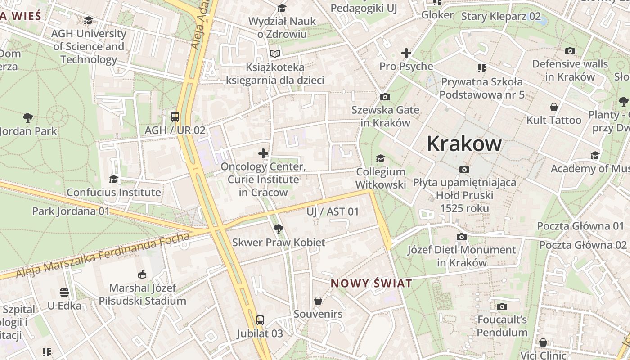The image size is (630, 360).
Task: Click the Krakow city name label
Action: point(464,144)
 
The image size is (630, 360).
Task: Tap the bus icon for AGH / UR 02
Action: point(175,117)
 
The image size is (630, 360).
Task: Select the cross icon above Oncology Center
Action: point(263,153)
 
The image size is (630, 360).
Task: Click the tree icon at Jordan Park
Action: point(28,118)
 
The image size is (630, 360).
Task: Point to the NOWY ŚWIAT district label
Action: point(371,283)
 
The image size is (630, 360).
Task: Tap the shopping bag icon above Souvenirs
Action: point(318,300)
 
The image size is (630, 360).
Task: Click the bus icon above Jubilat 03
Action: point(260,320)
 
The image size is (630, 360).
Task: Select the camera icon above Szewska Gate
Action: point(385,97)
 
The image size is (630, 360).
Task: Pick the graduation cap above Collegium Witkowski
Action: point(380,158)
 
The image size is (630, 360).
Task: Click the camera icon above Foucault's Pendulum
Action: point(502,306)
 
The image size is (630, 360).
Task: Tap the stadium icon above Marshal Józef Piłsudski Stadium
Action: point(142,274)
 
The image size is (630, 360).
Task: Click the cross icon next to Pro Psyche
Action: point(406,53)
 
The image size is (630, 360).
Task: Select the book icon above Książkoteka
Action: point(274,54)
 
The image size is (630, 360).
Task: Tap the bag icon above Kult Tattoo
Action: point(554,107)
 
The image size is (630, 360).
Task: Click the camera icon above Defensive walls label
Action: point(570,51)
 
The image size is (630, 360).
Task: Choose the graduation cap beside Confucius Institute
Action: point(113,179)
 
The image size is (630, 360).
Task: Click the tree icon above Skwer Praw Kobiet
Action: point(279,229)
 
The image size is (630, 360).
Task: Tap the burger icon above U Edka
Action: point(64,292)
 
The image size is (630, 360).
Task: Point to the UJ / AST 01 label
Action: point(333,211)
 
